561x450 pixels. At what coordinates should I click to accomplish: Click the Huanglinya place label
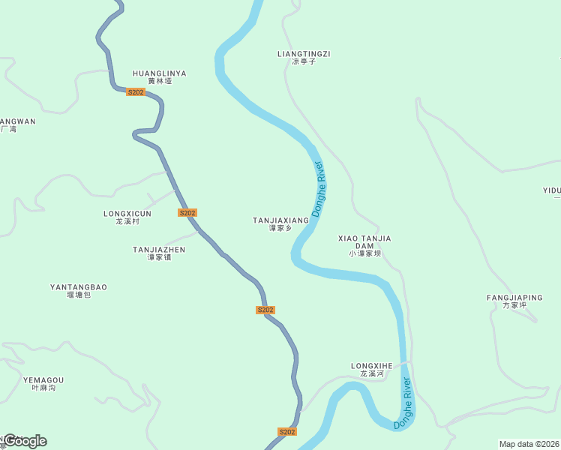click(x=159, y=73)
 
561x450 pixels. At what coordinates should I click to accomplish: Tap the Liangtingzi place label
click(x=304, y=54)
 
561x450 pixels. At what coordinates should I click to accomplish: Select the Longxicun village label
click(x=127, y=214)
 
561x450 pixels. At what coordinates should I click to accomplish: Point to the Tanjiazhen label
click(x=159, y=250)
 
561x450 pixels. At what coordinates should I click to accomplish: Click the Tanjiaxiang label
click(x=280, y=220)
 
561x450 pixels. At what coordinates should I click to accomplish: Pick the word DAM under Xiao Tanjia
click(x=364, y=246)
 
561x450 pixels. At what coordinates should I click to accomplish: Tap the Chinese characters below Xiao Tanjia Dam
click(x=364, y=253)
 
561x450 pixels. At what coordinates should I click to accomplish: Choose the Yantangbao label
click(x=79, y=287)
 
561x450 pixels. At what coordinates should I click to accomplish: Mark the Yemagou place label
click(x=43, y=380)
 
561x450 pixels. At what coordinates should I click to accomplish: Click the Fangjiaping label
click(x=514, y=298)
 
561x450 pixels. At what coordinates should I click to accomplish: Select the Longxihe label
click(x=372, y=366)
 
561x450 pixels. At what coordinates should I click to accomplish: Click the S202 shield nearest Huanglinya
click(x=136, y=92)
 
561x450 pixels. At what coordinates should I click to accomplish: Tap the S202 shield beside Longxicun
click(x=187, y=213)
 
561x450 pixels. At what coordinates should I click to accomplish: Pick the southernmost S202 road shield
click(x=287, y=432)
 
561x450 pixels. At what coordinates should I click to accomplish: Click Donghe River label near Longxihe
click(x=403, y=403)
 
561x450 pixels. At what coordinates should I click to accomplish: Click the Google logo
click(x=25, y=441)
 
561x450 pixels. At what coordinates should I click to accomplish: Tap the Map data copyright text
click(x=529, y=444)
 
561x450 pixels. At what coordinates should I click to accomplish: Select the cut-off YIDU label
click(x=552, y=190)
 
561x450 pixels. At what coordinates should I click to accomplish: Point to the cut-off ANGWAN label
click(x=16, y=121)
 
